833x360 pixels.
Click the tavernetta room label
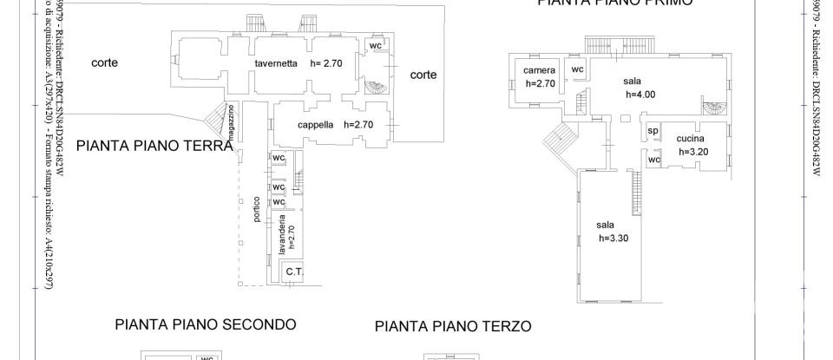tap(276, 63)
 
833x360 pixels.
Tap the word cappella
tap(315, 124)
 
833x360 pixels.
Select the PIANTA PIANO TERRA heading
tap(155, 146)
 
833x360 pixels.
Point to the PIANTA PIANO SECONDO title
tap(206, 324)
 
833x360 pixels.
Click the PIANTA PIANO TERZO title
tap(452, 327)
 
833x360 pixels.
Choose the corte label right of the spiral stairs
tap(423, 75)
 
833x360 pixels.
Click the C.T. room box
tap(294, 272)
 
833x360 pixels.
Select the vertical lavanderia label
tap(283, 234)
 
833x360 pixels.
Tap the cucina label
tap(690, 139)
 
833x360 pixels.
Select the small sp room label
tap(653, 132)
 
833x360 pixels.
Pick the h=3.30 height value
tap(613, 238)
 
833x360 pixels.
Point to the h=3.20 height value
tap(693, 151)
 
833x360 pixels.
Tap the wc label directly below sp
tap(655, 160)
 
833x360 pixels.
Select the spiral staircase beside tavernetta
tap(374, 88)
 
